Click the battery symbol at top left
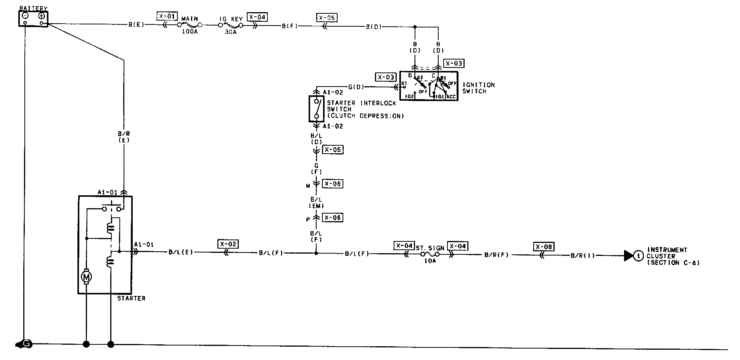pos(34,18)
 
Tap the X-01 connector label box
pos(167,16)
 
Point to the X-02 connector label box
pos(228,244)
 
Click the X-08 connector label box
pos(544,247)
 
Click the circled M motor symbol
pos(86,276)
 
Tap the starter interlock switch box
pos(316,108)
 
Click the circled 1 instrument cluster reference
pos(638,256)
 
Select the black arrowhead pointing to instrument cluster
pos(628,256)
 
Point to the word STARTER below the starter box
pos(131,299)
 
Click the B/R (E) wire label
pos(124,137)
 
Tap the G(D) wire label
pos(356,87)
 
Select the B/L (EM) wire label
pos(316,203)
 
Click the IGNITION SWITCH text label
pos(478,88)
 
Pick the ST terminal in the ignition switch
pos(404,84)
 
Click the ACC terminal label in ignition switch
pos(451,96)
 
